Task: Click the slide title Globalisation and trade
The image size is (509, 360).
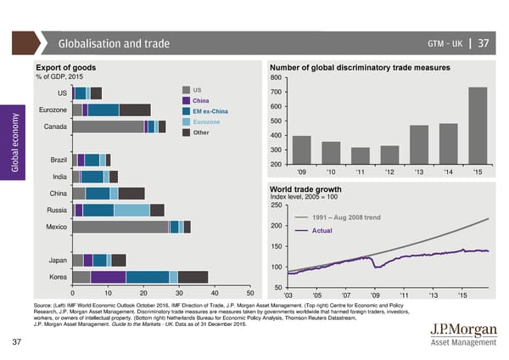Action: (x=114, y=44)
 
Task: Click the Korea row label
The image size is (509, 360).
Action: (x=59, y=277)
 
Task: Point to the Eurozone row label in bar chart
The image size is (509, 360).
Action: (x=53, y=110)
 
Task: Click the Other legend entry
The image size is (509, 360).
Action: (x=201, y=132)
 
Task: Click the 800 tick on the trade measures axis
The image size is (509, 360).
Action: (x=276, y=79)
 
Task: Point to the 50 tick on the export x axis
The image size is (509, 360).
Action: (x=262, y=294)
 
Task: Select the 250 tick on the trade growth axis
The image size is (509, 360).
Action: (x=276, y=204)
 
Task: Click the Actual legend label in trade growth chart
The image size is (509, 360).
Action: (x=322, y=231)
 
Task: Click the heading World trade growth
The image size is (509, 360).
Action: (x=305, y=188)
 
